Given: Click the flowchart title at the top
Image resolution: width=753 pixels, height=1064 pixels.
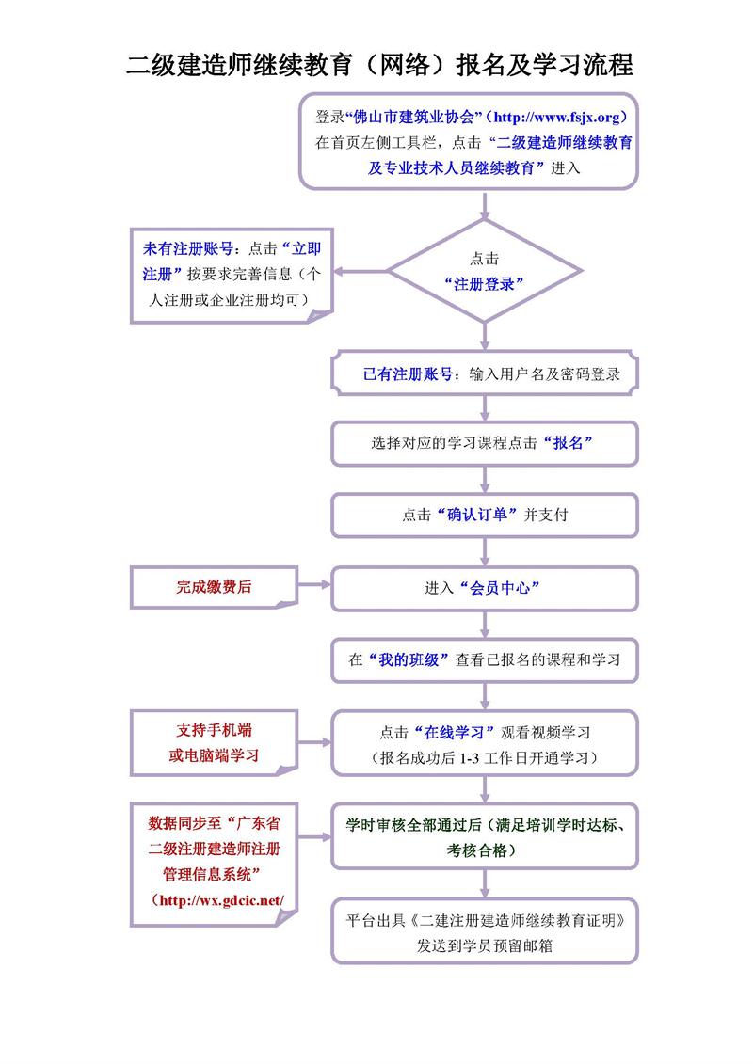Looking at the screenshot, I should (x=379, y=65).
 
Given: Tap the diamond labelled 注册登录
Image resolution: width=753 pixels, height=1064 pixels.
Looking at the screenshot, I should (x=484, y=272).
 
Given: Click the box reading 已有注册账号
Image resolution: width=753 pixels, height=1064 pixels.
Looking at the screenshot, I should (x=484, y=373).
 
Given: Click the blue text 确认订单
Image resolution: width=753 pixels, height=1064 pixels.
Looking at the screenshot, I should (x=475, y=515).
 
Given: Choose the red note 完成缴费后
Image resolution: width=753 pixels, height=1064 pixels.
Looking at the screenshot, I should (x=214, y=586).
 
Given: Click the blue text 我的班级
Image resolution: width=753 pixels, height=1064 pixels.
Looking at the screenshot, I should (x=408, y=659).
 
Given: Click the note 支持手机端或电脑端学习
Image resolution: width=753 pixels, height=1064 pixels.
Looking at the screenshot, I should (x=214, y=743).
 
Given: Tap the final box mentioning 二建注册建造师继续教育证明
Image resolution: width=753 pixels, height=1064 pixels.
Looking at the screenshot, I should (x=484, y=932).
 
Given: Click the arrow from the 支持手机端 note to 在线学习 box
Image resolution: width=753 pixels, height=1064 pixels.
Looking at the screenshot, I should (x=314, y=740).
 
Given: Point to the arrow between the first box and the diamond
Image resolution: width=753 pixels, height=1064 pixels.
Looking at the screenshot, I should (x=484, y=204).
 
